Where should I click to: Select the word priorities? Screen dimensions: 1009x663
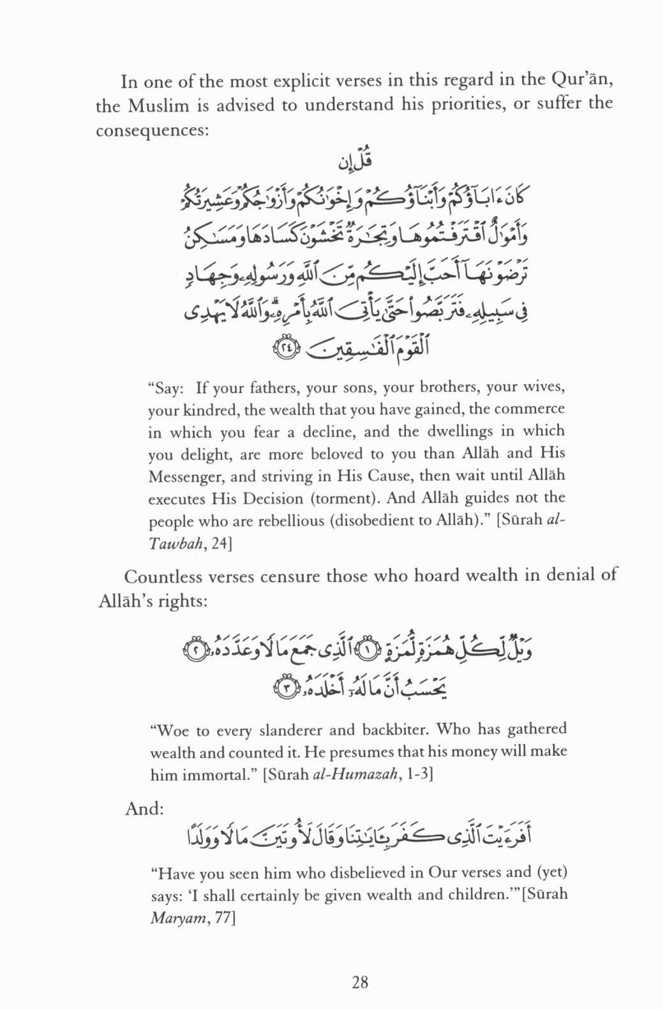[452, 104]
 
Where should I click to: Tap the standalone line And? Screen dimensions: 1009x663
[145, 809]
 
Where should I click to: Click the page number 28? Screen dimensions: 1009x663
[360, 982]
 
